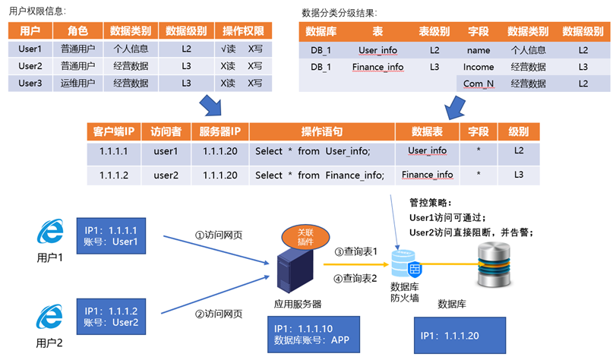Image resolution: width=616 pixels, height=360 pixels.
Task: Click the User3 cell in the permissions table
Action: [30, 83]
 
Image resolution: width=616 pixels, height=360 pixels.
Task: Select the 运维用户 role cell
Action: [77, 83]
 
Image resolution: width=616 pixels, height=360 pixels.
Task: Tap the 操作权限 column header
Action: [243, 31]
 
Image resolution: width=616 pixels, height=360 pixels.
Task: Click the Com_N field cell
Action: [478, 84]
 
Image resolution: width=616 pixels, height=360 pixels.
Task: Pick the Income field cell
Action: [478, 67]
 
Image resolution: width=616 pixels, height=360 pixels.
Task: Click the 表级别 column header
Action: [434, 31]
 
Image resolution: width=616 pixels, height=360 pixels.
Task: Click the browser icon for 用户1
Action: [52, 232]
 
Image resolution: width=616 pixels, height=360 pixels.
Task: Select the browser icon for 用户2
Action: [52, 317]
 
